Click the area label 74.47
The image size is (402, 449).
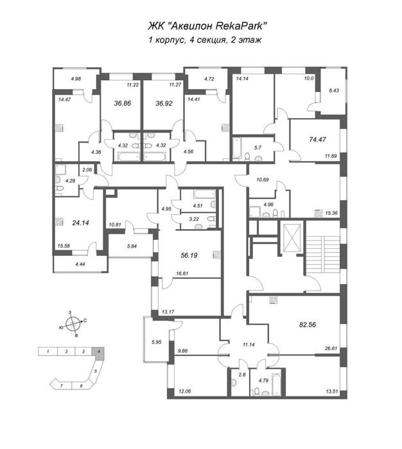coord(318,139)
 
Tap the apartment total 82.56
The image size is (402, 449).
coord(308,325)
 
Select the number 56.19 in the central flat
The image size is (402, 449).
coord(189,255)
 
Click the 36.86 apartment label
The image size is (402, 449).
coord(123,103)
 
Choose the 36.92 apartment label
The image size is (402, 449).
coord(164,103)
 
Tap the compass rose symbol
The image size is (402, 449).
coord(73,324)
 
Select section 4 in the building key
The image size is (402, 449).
coord(98,352)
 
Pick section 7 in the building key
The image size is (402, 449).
coord(61,385)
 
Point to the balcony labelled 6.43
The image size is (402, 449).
coord(334,91)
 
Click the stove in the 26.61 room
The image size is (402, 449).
coord(273,300)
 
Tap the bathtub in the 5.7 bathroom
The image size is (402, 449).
coord(237,148)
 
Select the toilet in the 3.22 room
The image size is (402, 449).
coord(212,219)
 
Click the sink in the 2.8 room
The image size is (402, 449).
coord(234,382)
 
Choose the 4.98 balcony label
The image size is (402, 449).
coord(76,79)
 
